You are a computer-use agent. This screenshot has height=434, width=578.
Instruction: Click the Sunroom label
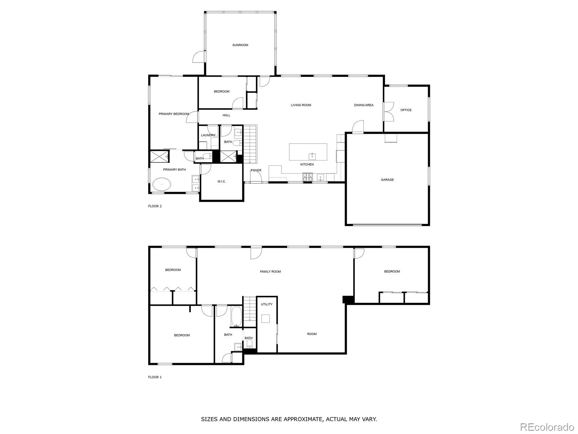[x=240, y=45]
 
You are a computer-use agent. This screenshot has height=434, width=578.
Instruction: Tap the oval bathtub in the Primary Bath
[x=161, y=184]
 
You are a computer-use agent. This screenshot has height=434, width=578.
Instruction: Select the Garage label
[x=387, y=180]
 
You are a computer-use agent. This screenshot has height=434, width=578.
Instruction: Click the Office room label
[x=406, y=110]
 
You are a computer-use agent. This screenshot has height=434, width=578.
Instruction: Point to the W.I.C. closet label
[x=221, y=182]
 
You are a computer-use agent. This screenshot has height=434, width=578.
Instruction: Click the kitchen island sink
[x=312, y=156]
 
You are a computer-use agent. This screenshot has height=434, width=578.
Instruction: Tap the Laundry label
[x=208, y=135]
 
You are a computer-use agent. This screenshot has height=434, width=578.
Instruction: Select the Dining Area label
[x=363, y=105]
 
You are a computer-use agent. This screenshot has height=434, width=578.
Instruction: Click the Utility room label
[x=267, y=305]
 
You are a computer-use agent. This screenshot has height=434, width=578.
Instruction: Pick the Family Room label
[x=270, y=272]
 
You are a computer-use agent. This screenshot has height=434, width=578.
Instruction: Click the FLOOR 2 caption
[x=155, y=206]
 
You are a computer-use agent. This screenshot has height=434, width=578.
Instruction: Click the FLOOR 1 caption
[x=155, y=377]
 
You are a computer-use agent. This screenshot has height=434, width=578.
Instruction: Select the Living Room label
[x=301, y=105]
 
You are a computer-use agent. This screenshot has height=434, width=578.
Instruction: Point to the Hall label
[x=226, y=115]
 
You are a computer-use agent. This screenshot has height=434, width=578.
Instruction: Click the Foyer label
[x=256, y=170]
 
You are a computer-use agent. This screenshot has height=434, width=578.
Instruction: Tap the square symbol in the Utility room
[x=266, y=319]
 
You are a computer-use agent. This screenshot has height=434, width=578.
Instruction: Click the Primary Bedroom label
[x=174, y=114]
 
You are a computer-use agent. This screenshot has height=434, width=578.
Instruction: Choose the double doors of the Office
[x=388, y=110]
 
